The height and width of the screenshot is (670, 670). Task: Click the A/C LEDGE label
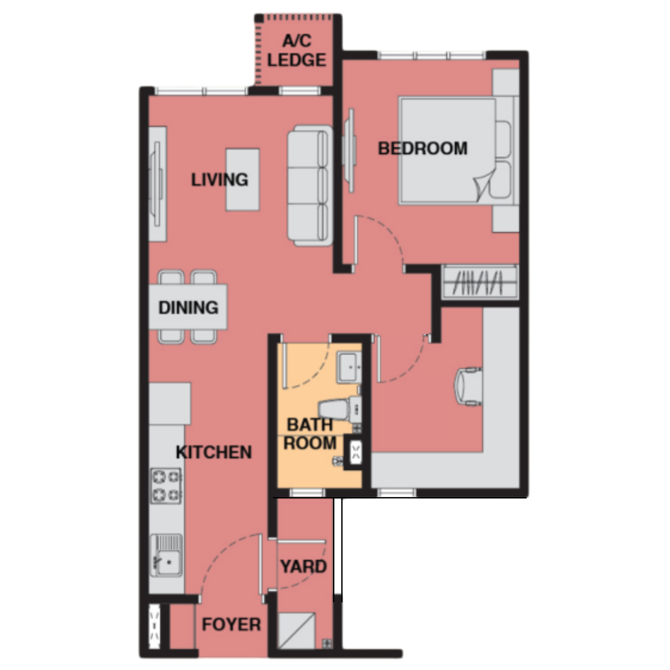[x=297, y=51]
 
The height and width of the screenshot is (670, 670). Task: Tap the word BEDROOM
[x=423, y=148]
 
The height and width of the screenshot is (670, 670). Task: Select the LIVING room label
[x=220, y=180]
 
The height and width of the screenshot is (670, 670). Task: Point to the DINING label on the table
[x=188, y=308]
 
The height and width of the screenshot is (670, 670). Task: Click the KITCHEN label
[x=214, y=452]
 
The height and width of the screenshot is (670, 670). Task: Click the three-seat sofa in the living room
[x=310, y=186]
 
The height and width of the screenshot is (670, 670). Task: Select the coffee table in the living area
[x=243, y=180]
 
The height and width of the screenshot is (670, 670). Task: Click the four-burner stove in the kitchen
[x=166, y=485]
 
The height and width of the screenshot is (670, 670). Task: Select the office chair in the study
[x=468, y=386]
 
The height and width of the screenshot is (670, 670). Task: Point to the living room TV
[x=157, y=184]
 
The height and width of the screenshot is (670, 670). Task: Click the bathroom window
[x=307, y=493]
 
